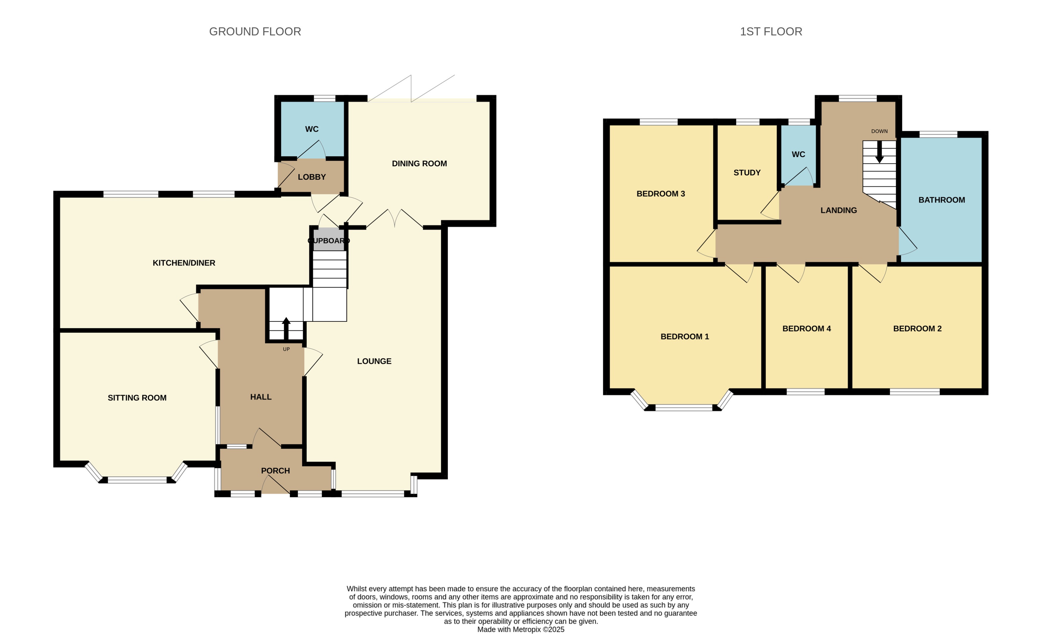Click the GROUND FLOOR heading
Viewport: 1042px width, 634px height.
(255, 32)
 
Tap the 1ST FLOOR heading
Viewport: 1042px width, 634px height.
(770, 32)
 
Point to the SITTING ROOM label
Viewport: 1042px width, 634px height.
(137, 398)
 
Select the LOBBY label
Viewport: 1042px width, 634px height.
(312, 177)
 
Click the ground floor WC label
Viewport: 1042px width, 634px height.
(312, 129)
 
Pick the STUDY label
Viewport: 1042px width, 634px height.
(747, 173)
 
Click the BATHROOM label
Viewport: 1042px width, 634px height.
(941, 200)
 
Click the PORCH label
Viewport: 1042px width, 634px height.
(275, 471)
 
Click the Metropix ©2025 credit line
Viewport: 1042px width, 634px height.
(521, 629)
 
